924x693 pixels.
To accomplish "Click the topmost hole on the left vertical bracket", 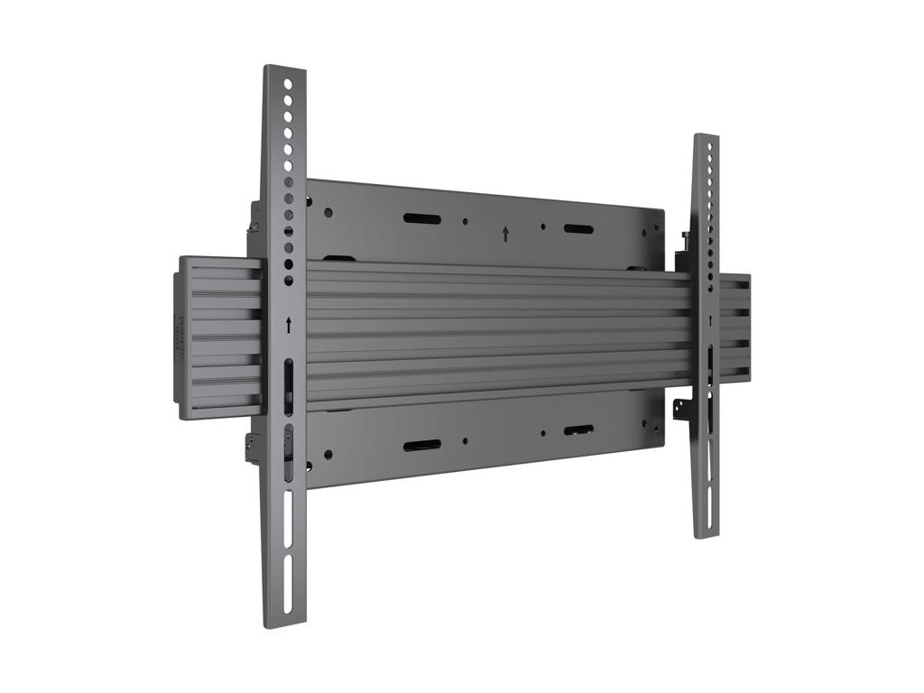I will click(288, 84).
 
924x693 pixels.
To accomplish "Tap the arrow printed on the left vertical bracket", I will click(288, 325).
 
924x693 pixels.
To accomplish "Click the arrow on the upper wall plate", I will click(505, 234).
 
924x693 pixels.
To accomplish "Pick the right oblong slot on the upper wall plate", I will click(578, 228).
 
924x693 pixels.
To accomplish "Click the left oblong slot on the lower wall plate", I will click(420, 446).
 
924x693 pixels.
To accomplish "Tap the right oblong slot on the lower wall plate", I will click(578, 430).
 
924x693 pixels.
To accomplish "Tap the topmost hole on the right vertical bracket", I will click(710, 146).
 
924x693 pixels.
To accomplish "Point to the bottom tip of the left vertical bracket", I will click(283, 623).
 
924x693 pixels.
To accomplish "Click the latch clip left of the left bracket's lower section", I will click(252, 446).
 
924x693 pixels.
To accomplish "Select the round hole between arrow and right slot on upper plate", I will click(542, 227).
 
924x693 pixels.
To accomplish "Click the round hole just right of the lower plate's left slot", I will click(465, 442).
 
